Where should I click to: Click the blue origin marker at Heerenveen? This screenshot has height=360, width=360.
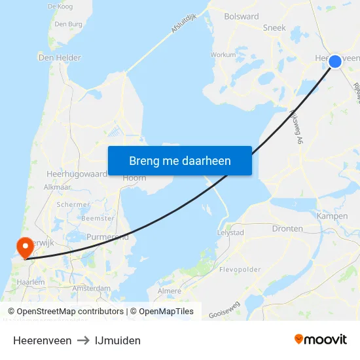click(x=334, y=61)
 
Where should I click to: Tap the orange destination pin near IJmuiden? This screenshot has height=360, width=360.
click(x=25, y=247)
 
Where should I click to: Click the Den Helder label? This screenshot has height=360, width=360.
click(x=60, y=58)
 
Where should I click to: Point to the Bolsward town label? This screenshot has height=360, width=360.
click(x=241, y=17)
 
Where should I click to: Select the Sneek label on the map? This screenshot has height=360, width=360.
click(x=274, y=28)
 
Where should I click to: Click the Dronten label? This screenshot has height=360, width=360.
click(x=287, y=228)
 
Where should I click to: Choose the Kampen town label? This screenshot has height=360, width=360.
click(x=332, y=216)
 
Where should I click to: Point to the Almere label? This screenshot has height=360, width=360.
click(x=169, y=291)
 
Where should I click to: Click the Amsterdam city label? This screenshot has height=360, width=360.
click(x=92, y=288)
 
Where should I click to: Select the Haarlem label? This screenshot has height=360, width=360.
click(x=31, y=282)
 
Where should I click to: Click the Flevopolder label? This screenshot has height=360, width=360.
click(x=240, y=269)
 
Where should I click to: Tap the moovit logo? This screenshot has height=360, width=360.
click(x=320, y=340)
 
